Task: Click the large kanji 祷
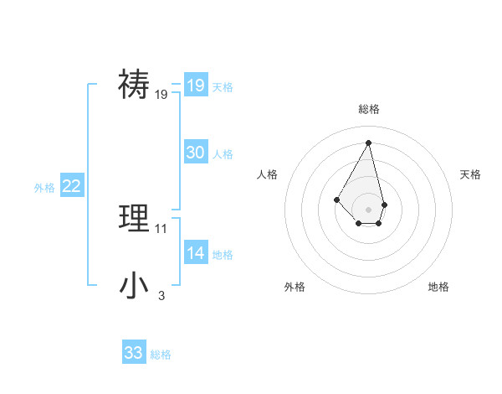pos(135,85)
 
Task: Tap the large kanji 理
pos(135,218)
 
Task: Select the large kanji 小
pos(135,285)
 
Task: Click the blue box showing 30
pos(196,152)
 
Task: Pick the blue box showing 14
pos(196,253)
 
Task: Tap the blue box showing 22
pos(71,186)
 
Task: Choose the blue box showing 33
pos(134,353)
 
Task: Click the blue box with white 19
pos(196,86)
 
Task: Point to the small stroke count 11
pos(161,228)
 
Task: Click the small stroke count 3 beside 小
pos(161,295)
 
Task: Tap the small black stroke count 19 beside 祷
pos(161,96)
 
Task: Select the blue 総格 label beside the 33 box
pos(161,355)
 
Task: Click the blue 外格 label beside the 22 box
pos(44,189)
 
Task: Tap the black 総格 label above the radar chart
pos(369,109)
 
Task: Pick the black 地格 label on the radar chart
pos(438,287)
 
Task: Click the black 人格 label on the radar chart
pos(268,174)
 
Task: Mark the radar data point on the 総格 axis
pos(369,143)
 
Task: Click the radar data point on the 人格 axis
pos(337,199)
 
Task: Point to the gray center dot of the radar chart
pos(369,209)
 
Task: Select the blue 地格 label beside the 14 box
pos(223,255)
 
